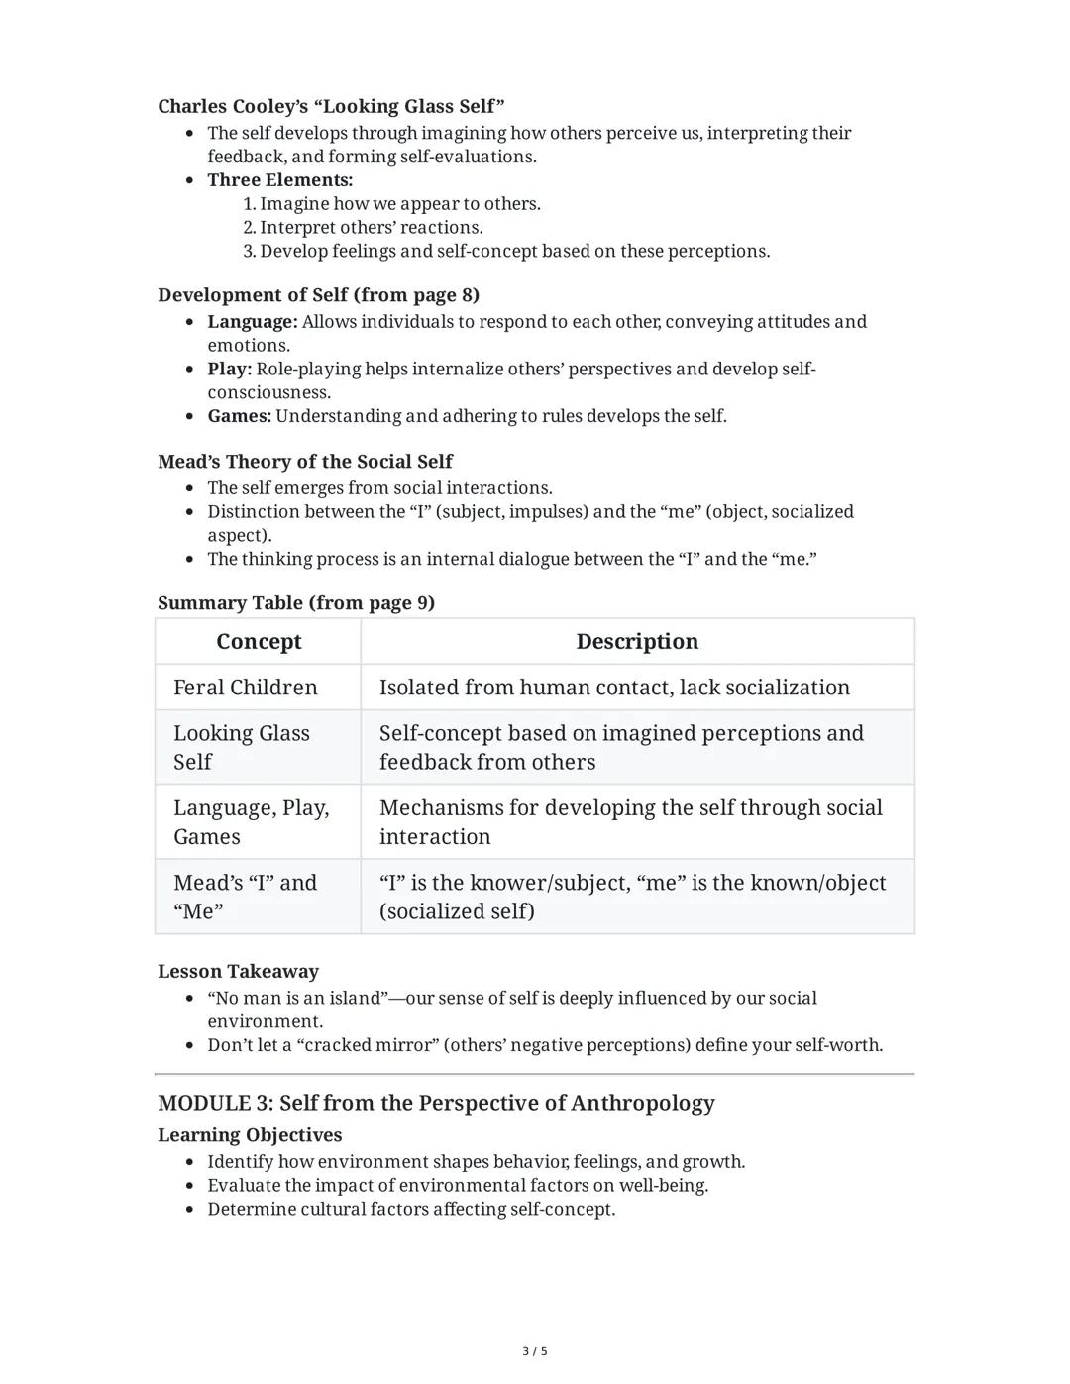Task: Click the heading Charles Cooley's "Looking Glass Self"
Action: pos(331,106)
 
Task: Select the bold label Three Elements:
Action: pos(279,180)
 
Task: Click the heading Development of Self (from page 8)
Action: pos(318,295)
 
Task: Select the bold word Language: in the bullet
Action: pos(252,322)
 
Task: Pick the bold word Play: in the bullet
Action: pos(229,370)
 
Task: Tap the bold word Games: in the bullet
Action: pos(239,416)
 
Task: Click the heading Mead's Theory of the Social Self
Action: pos(304,462)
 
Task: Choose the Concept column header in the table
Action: pos(259,642)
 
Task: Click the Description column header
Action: pos(637,642)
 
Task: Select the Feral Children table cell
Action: pos(246,688)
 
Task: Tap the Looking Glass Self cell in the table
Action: pos(242,747)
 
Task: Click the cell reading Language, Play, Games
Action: pos(251,822)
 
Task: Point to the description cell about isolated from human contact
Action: pos(614,688)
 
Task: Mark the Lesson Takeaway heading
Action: pos(238,972)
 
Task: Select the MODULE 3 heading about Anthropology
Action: pos(436,1103)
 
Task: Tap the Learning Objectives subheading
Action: pos(250,1135)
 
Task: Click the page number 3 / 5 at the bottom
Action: pos(535,1351)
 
